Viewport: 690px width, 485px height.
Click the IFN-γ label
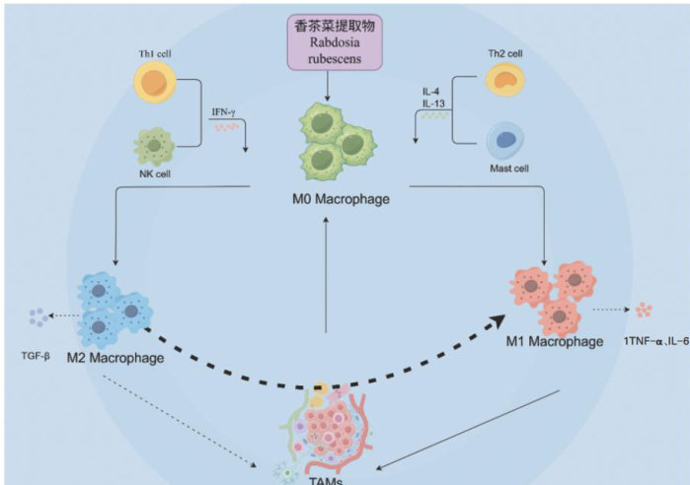click(x=224, y=112)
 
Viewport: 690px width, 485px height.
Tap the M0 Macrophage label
click(x=329, y=200)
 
